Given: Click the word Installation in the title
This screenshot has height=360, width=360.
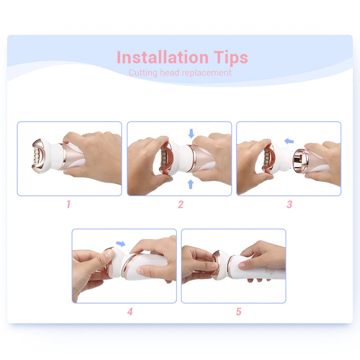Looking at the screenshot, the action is click(162, 57).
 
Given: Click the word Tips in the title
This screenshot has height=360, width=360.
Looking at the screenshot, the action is click(231, 58).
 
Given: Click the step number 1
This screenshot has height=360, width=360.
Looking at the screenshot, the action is click(68, 204).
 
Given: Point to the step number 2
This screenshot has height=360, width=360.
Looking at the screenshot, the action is click(181, 204).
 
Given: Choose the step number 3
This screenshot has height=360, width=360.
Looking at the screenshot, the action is click(289, 204).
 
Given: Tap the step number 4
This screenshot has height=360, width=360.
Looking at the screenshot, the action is click(130, 311).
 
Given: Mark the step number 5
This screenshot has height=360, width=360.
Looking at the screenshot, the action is click(239, 311).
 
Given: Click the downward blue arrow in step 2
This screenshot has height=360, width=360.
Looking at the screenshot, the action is click(191, 133).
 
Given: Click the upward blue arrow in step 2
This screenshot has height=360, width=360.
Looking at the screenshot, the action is click(190, 184).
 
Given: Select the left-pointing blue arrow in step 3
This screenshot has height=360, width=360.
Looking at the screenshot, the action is click(289, 141).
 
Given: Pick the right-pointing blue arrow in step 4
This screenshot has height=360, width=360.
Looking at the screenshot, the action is click(121, 243).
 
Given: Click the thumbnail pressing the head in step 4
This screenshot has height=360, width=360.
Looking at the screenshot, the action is click(108, 254).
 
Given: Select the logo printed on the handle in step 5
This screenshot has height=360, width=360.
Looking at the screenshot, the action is click(270, 271).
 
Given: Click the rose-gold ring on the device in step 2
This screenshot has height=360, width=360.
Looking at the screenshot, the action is click(191, 158).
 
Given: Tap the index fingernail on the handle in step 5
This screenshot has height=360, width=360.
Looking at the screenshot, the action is click(242, 266).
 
